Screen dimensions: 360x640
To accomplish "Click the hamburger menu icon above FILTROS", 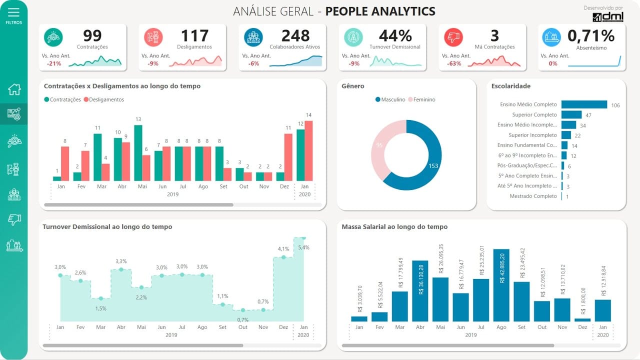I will [x=14, y=12].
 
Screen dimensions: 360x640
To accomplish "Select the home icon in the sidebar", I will [x=14, y=89].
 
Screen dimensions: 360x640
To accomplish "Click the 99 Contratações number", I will [x=92, y=36].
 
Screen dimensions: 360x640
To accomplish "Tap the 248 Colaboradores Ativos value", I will [x=295, y=36].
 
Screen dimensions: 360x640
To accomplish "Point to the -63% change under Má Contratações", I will [x=454, y=63].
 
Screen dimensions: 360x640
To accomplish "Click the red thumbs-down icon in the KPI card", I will [x=453, y=37].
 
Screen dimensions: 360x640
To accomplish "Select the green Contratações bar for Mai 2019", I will [x=138, y=152].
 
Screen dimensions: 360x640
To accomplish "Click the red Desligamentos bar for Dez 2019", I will [x=288, y=157].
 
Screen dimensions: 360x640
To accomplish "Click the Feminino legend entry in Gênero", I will [x=423, y=99].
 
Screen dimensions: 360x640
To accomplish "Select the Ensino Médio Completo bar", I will [x=583, y=104].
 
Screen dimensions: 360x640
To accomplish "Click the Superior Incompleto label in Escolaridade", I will [x=532, y=135].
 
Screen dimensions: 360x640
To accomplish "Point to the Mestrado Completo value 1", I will [x=567, y=196].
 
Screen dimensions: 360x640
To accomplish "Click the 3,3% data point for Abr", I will [x=121, y=269].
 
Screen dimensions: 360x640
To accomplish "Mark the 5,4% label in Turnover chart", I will [x=303, y=247].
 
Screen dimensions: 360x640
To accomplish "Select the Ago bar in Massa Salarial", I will [x=501, y=285].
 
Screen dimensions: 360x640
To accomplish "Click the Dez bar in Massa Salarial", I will [x=582, y=319].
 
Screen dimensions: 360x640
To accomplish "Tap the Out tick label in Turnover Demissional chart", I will [x=243, y=327].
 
